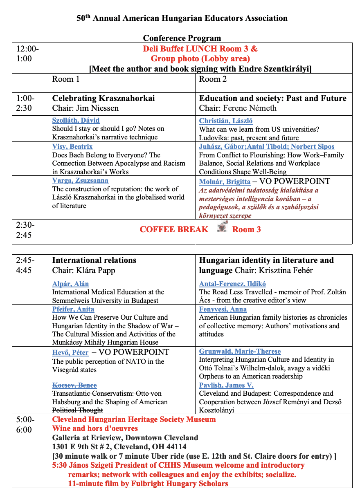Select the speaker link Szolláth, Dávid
[76, 120]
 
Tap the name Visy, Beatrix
[72, 146]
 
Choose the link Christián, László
[225, 121]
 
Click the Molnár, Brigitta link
[225, 182]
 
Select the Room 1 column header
[66, 79]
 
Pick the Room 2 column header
[213, 79]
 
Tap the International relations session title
[94, 260]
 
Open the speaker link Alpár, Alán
[70, 284]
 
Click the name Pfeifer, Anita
[73, 309]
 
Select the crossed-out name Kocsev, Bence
[74, 385]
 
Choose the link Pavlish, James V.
[226, 385]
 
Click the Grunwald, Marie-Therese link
[240, 351]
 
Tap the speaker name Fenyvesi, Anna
[223, 309]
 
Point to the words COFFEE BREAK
[174, 229]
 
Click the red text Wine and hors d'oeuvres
[95, 428]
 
